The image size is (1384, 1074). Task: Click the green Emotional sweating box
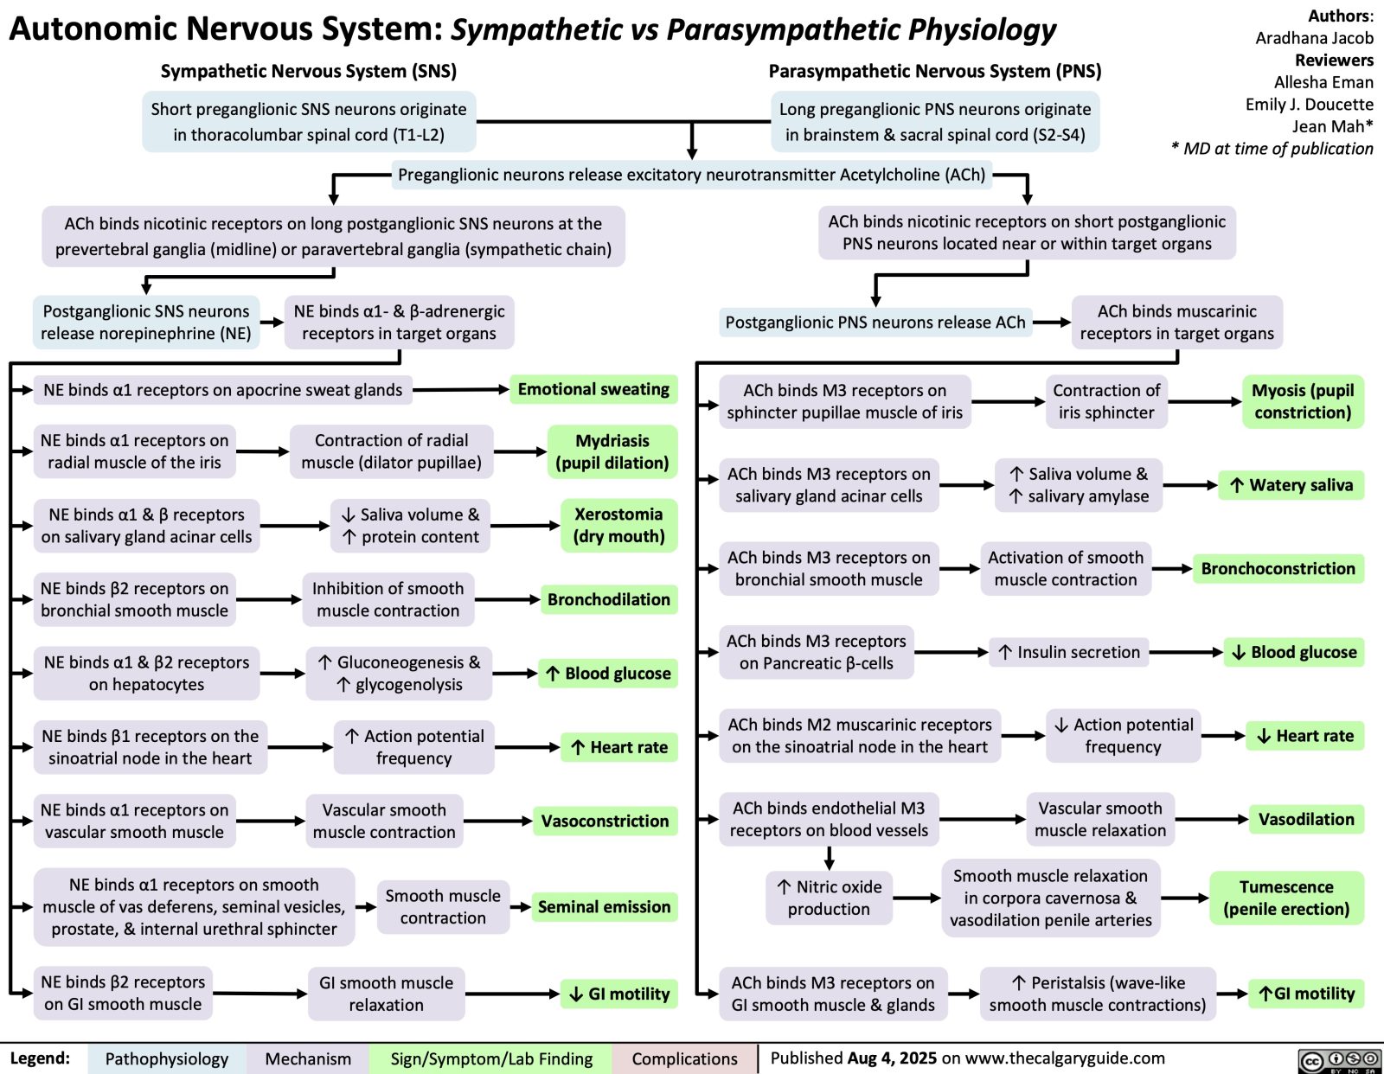pos(593,389)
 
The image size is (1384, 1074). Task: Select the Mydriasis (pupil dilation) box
pos(612,451)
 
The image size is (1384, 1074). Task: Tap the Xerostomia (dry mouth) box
pos(618,525)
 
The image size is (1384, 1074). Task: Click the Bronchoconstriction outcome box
pos(1278,568)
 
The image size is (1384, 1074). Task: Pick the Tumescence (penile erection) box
pos(1286,898)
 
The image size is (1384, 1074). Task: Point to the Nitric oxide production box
pos(829,898)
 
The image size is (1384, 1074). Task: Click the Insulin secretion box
pos(1069,652)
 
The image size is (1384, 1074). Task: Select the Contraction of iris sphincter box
pos(1106,401)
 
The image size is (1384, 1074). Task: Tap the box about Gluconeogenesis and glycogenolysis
pos(400,673)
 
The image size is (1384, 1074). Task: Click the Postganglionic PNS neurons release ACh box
pos(875,323)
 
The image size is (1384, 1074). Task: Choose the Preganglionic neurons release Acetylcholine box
pos(691,175)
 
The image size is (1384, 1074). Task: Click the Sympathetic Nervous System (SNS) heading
pos(309,71)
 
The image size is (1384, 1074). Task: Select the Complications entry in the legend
pos(684,1058)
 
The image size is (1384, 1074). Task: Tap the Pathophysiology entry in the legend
pos(166,1058)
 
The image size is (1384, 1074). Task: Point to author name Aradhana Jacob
pos(1314,38)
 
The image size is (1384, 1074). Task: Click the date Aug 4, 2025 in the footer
pos(892,1058)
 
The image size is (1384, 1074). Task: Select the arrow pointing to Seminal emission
pos(520,907)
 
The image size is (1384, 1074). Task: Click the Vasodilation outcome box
pos(1306,819)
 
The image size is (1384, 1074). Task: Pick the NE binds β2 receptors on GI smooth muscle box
pos(123,993)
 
